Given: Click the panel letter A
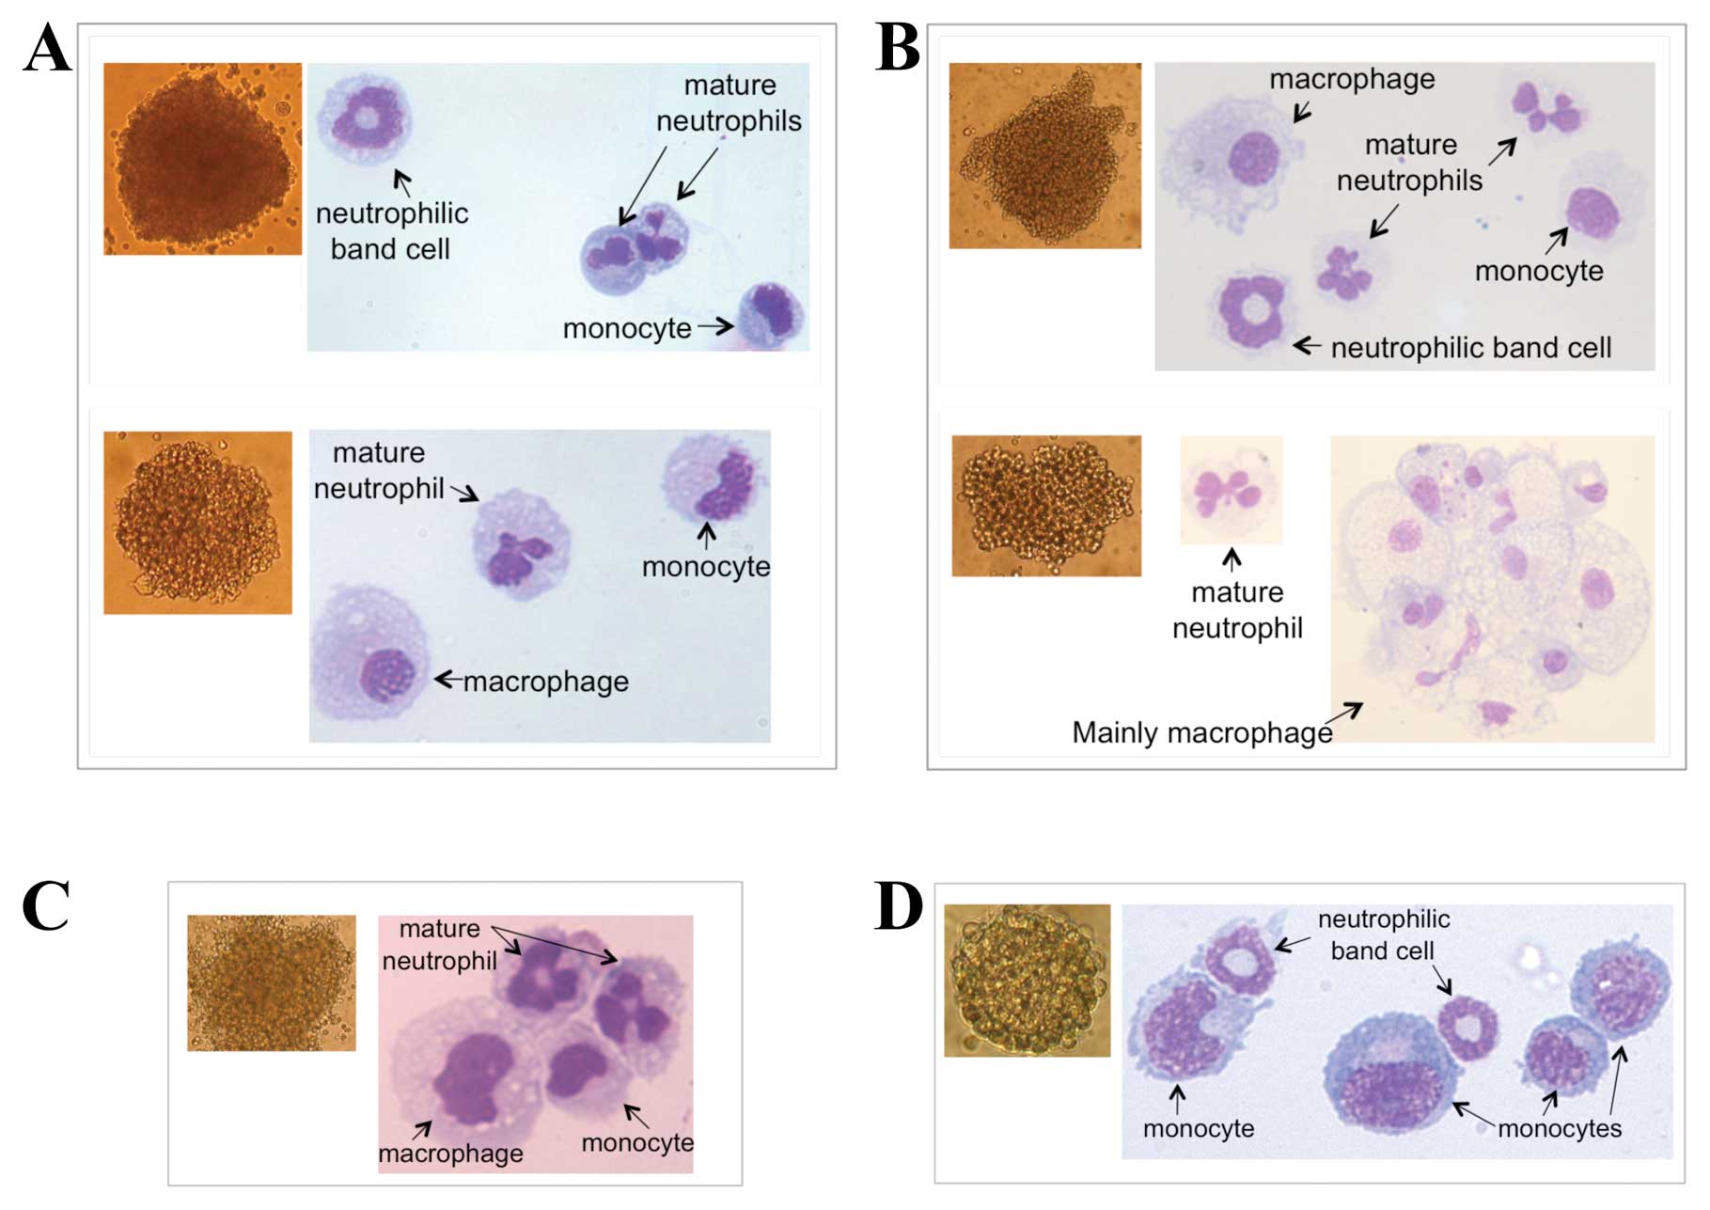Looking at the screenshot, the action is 47,49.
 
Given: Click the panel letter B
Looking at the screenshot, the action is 897,49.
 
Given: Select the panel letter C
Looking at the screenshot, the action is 45,906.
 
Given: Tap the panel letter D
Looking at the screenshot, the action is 897,906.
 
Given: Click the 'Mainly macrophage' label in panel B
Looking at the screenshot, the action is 1201,732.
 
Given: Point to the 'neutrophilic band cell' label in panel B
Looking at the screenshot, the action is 1470,348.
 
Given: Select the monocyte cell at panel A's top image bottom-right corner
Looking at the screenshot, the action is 771,316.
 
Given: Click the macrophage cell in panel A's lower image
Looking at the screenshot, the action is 372,653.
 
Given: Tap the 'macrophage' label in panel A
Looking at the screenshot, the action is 545,682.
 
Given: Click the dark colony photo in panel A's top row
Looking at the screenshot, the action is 203,159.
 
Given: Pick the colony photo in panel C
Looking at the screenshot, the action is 272,982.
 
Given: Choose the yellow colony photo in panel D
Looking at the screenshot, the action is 1027,981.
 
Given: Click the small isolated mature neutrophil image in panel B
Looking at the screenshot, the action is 1231,490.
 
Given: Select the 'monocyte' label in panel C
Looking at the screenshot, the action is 637,1142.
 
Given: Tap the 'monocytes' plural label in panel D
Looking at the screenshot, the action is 1560,1128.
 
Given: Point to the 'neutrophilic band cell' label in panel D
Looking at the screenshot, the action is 1383,935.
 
